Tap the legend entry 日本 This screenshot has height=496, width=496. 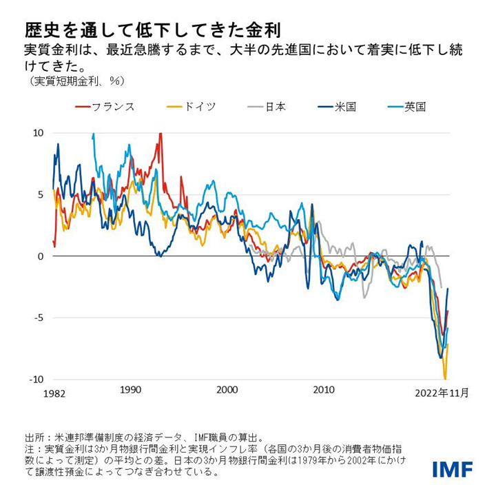point(266,107)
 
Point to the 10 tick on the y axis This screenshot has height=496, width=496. point(39,133)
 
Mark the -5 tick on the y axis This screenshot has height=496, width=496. point(39,318)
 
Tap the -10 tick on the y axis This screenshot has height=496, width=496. point(37,380)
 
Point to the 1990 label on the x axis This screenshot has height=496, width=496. point(130,390)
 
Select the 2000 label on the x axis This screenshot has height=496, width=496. point(227,390)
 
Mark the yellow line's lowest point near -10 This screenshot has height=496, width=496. point(445,378)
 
